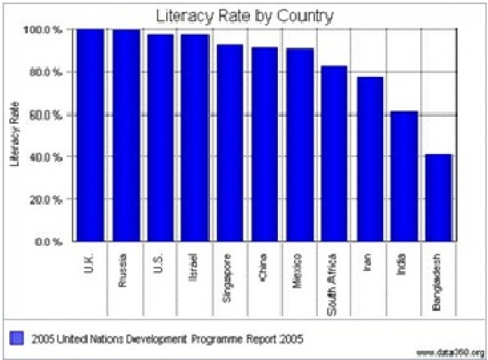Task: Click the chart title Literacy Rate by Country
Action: [x=245, y=15]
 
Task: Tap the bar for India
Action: [x=404, y=176]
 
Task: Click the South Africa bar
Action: [x=334, y=153]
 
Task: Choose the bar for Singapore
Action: [x=230, y=143]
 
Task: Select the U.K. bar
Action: [x=90, y=135]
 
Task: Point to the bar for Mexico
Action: [x=299, y=145]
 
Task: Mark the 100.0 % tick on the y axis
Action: [x=47, y=30]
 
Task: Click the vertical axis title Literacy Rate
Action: [x=14, y=136]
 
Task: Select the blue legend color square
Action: [x=14, y=339]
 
